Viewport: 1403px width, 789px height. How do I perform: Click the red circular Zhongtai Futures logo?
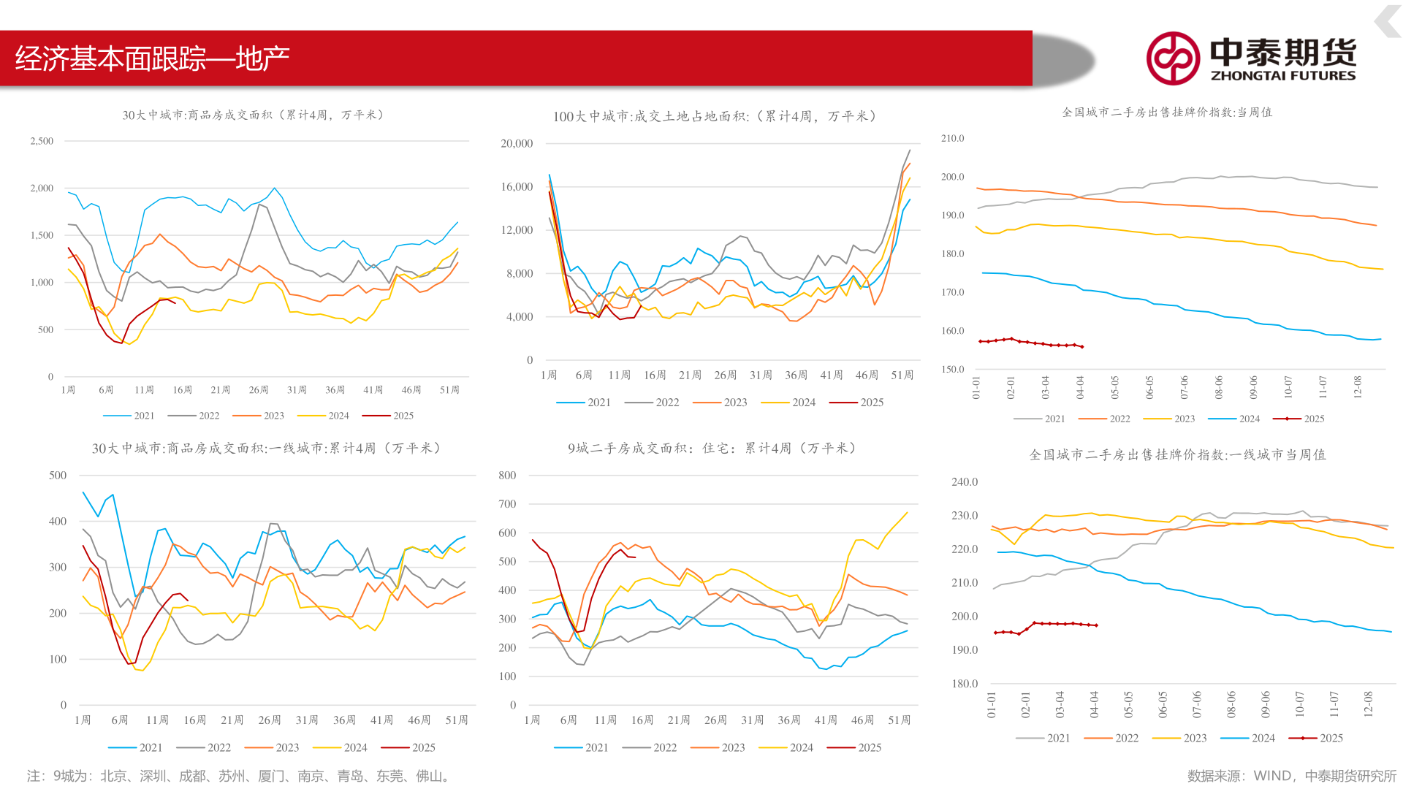point(1172,58)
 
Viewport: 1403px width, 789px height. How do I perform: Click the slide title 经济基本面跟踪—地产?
point(152,58)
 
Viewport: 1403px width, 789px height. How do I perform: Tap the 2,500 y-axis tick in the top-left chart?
point(42,141)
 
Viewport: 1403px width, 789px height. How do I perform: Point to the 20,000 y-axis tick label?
point(517,143)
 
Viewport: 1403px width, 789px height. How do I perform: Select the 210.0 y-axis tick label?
point(952,138)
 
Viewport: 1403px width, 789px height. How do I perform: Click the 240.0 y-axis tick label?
point(965,481)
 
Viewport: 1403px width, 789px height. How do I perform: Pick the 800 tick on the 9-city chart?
point(507,475)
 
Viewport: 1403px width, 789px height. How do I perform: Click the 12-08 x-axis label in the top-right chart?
point(1358,386)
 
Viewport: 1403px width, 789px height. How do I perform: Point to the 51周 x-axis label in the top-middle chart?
point(902,375)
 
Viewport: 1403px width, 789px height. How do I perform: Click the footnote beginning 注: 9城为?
point(238,776)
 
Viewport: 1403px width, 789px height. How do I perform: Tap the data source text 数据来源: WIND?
point(1291,776)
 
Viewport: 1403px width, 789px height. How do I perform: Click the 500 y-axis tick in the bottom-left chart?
point(58,475)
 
